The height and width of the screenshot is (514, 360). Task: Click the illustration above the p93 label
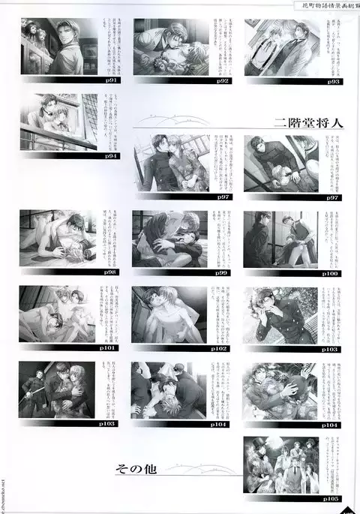click(280, 47)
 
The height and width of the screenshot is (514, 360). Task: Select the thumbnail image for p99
click(169, 239)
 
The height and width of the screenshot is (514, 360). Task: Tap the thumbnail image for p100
click(280, 239)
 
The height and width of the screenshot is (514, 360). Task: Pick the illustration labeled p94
click(59, 122)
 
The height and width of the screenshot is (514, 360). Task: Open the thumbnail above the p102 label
click(169, 315)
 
